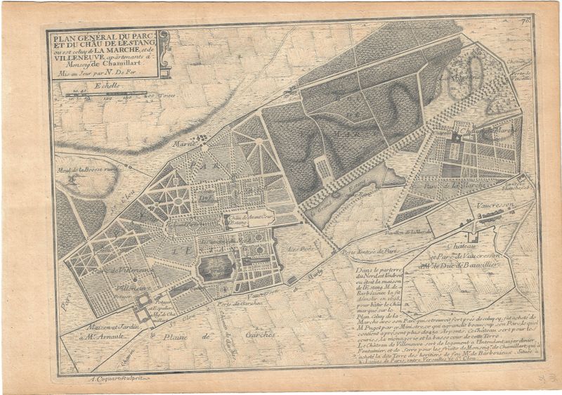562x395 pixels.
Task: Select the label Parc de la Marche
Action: point(450,186)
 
